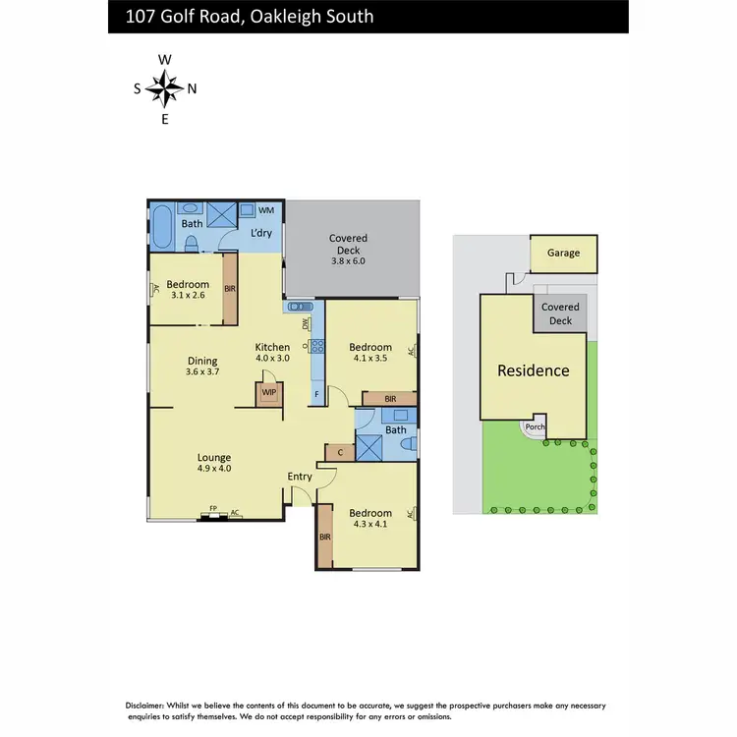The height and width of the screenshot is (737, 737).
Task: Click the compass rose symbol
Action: tap(165, 89)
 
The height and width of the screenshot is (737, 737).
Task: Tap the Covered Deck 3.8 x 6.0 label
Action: tap(348, 250)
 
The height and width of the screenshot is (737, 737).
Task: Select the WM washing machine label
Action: tap(265, 211)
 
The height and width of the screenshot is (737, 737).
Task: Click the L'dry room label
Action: tap(260, 233)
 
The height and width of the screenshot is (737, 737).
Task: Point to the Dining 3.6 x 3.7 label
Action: tap(201, 366)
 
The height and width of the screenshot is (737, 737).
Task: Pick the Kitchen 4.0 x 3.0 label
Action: tap(272, 352)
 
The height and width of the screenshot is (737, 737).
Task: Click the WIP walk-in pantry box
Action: tap(267, 393)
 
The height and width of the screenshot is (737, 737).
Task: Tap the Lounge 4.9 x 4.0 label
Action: tap(213, 463)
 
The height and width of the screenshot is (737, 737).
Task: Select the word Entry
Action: tap(300, 478)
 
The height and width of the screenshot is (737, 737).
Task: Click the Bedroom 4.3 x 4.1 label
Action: tap(370, 518)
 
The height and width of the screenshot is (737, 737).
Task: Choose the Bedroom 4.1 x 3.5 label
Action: tap(370, 353)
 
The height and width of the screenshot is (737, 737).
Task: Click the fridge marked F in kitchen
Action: tap(316, 395)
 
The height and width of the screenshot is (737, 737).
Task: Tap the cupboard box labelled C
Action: tap(339, 453)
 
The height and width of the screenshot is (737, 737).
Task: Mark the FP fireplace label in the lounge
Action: tap(212, 511)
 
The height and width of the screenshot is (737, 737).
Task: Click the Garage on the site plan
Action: tap(563, 253)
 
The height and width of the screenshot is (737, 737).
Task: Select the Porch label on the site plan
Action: tap(535, 427)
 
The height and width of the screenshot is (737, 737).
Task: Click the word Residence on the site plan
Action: tap(533, 370)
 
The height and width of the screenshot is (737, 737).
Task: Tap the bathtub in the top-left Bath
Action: tap(162, 227)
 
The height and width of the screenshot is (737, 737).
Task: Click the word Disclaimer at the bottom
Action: tap(151, 707)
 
